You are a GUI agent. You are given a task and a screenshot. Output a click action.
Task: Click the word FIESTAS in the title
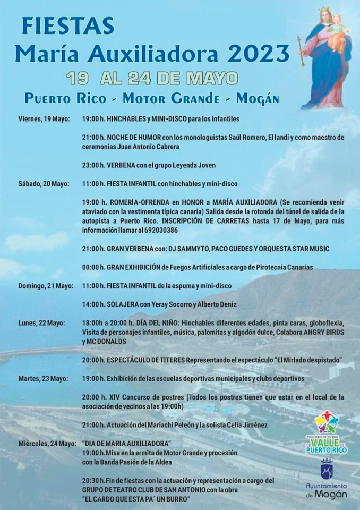68,26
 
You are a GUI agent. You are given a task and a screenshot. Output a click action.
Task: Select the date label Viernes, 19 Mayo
44,118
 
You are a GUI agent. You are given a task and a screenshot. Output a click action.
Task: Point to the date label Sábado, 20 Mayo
44,184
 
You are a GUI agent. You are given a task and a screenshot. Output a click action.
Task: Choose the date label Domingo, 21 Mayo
46,286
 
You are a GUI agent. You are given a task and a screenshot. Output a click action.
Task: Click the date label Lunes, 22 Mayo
41,323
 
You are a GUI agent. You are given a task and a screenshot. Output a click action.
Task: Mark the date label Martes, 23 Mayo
43,379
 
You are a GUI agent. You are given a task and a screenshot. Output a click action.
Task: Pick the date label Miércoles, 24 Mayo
47,443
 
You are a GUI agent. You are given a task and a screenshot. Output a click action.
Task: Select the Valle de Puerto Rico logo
327,432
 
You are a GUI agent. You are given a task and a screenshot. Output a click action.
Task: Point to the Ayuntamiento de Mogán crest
327,470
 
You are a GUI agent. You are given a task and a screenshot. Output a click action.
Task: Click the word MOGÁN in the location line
258,98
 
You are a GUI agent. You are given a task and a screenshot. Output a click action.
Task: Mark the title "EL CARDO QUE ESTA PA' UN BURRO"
136,499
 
